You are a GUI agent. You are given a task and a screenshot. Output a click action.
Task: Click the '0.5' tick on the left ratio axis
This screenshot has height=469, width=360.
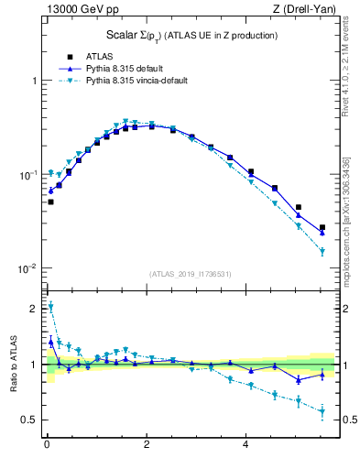tap(27, 420)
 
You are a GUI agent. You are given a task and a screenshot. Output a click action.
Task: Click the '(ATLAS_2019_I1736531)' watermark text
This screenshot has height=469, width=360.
tap(190, 273)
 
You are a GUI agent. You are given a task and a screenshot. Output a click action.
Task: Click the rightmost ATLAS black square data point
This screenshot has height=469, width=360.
tap(322, 227)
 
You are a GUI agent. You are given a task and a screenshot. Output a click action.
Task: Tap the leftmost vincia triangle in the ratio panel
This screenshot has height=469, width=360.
tap(50, 307)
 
